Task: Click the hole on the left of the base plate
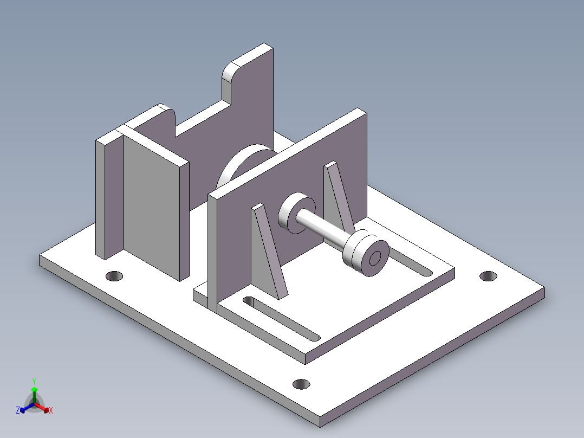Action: tap(114, 276)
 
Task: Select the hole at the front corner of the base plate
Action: tap(301, 384)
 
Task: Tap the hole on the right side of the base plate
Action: tap(488, 276)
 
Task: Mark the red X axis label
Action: tap(51, 410)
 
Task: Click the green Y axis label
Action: tap(34, 381)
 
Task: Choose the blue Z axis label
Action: tap(18, 410)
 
